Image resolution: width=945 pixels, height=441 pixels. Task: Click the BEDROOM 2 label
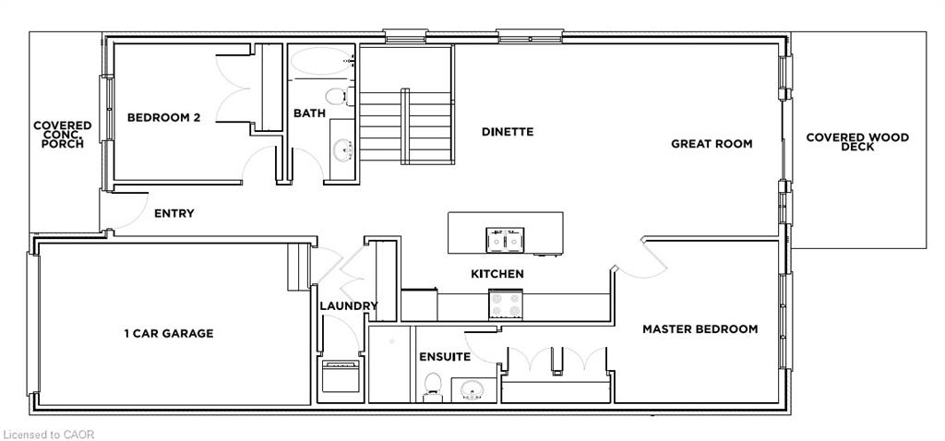tap(162, 118)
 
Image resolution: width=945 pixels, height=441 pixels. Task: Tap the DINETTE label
tap(508, 131)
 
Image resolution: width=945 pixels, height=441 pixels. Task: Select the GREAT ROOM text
tap(712, 144)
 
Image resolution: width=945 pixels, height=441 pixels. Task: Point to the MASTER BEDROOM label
tap(700, 329)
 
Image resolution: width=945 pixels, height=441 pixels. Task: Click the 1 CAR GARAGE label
tap(169, 333)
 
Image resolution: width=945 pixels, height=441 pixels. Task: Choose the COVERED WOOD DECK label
tap(857, 141)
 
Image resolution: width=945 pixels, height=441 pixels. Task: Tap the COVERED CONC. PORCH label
tap(63, 135)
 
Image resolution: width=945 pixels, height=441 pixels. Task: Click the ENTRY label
tap(174, 213)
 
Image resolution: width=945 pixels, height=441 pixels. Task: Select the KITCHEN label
tap(497, 274)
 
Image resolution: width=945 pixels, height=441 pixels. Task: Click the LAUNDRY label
tap(348, 306)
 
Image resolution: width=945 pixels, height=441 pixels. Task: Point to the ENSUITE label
tap(445, 357)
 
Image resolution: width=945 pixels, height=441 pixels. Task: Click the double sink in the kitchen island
tap(505, 239)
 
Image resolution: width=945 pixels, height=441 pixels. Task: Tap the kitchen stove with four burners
tap(505, 304)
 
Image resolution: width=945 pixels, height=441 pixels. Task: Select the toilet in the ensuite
tap(432, 387)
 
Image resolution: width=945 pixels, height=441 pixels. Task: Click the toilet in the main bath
tap(336, 96)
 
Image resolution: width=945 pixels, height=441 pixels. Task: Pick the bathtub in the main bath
tap(321, 62)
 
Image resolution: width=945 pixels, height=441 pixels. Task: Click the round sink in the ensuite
tap(473, 391)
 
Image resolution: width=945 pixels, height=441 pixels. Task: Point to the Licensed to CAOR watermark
tap(49, 435)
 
